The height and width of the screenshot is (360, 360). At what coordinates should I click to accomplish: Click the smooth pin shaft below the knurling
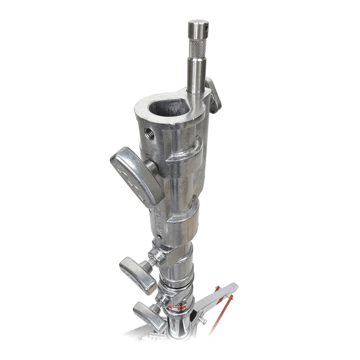click(x=197, y=75)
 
